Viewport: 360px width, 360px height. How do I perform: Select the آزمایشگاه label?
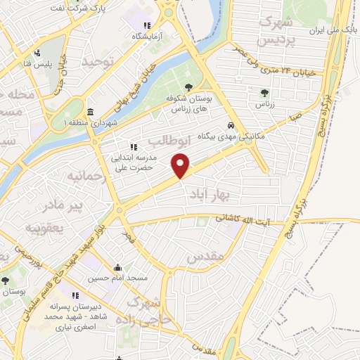pos(147,36)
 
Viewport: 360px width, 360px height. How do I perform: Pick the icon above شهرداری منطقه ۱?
pos(91,112)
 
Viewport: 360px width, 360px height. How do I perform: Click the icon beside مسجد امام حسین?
pos(117,268)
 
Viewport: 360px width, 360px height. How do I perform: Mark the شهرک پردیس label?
pos(275,32)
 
